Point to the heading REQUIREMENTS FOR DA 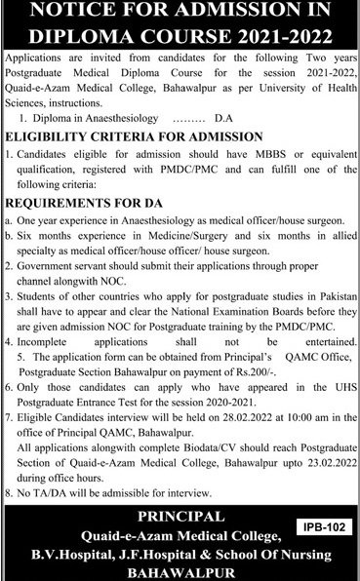[76, 204]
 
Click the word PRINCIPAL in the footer [180, 517]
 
